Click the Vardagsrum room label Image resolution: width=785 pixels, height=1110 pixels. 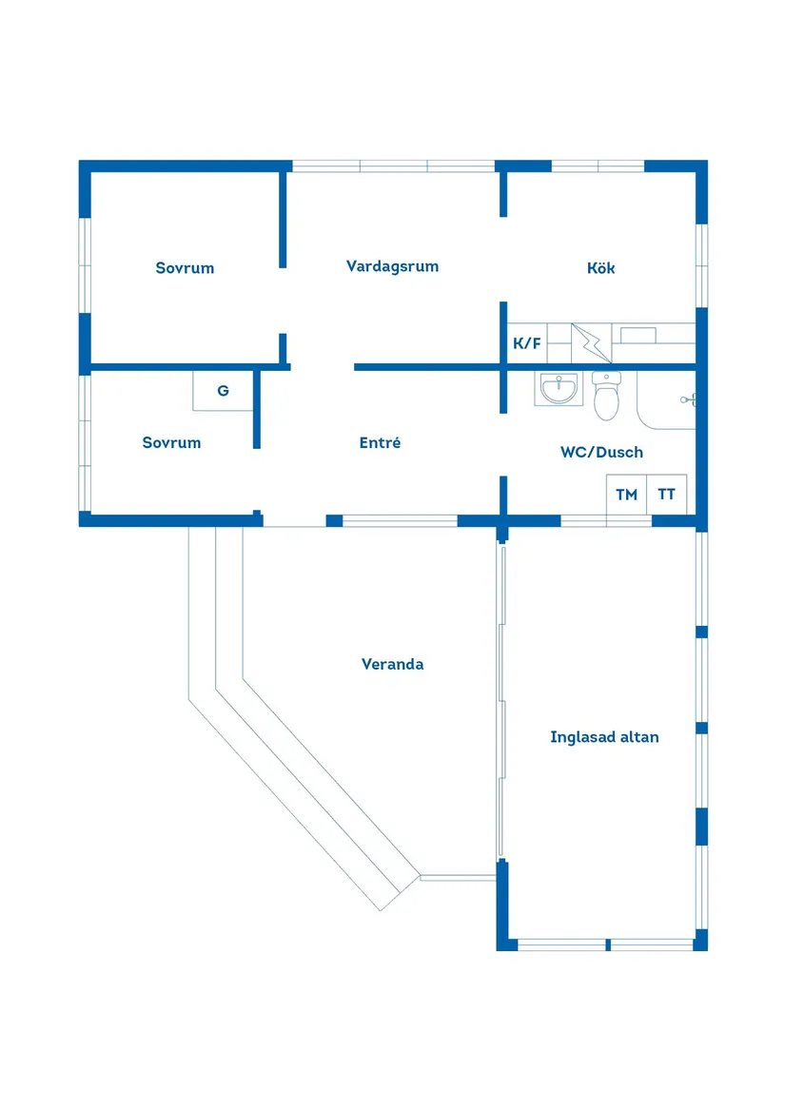coord(392,267)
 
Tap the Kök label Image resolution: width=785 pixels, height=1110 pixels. coord(600,267)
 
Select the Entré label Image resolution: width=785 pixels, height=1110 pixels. coord(380,442)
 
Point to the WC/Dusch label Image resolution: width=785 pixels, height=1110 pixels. coord(601,452)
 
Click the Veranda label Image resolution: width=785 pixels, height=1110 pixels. coord(392,664)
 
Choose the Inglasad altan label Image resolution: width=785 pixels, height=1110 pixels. coord(604,737)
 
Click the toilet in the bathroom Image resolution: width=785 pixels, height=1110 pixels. coord(606,396)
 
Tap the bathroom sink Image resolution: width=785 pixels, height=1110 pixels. coord(559,389)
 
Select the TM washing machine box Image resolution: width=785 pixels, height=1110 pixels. coord(626,494)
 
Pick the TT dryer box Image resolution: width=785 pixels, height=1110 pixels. coord(667,494)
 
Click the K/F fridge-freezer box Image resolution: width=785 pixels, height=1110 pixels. coord(527,343)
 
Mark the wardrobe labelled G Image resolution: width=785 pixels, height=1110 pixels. coord(223,390)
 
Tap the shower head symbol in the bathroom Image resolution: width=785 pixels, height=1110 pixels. coord(688,400)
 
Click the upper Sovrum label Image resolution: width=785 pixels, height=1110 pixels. coord(185,267)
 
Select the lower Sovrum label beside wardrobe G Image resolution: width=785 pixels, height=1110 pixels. coord(171,442)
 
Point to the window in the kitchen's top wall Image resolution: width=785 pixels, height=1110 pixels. coord(598,166)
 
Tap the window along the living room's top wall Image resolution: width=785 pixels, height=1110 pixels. coord(393,166)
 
